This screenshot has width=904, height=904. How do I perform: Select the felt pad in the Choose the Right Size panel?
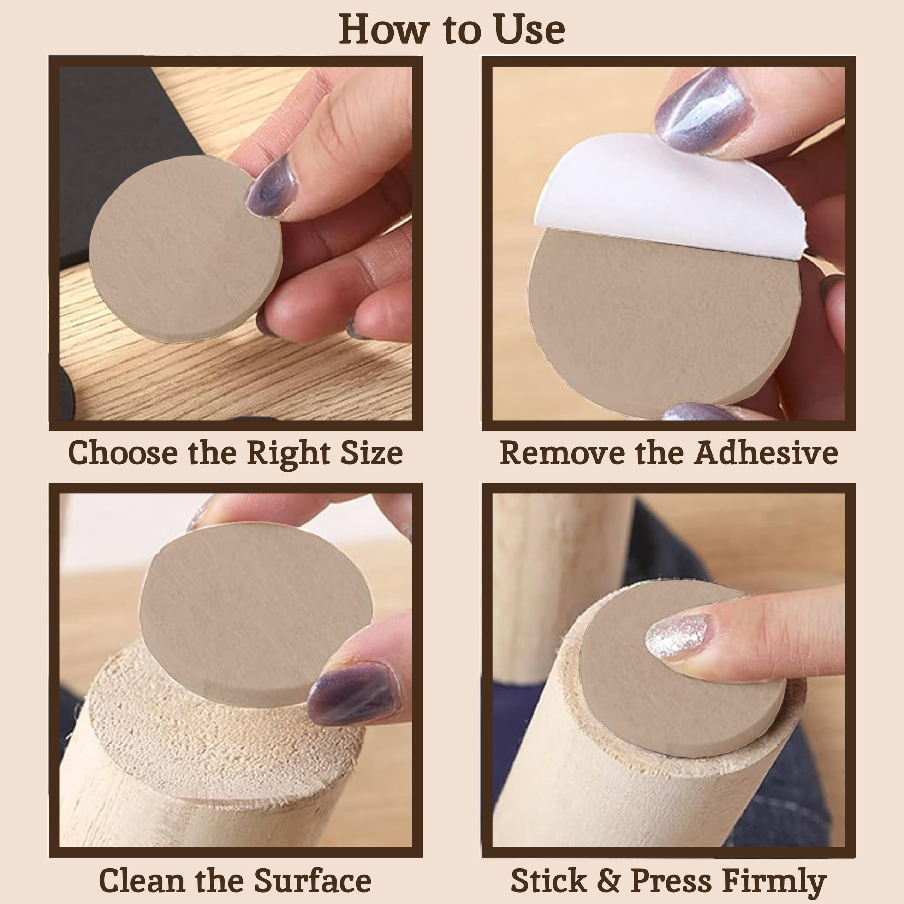pos(186,249)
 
